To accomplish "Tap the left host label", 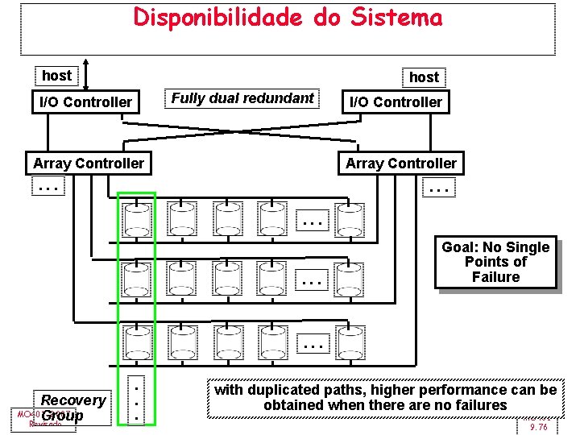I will [56, 76].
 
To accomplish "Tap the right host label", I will [424, 77].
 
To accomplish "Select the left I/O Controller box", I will [85, 102].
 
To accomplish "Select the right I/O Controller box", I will [395, 102].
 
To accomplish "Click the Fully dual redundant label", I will [242, 98].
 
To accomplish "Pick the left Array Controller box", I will [89, 164].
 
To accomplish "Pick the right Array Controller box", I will [400, 164].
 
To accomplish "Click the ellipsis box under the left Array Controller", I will [48, 188].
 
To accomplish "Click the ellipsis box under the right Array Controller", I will [439, 188].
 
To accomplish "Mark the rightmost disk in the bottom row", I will [349, 342].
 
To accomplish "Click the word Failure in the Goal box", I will [495, 277].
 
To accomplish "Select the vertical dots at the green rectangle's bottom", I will [137, 399].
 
